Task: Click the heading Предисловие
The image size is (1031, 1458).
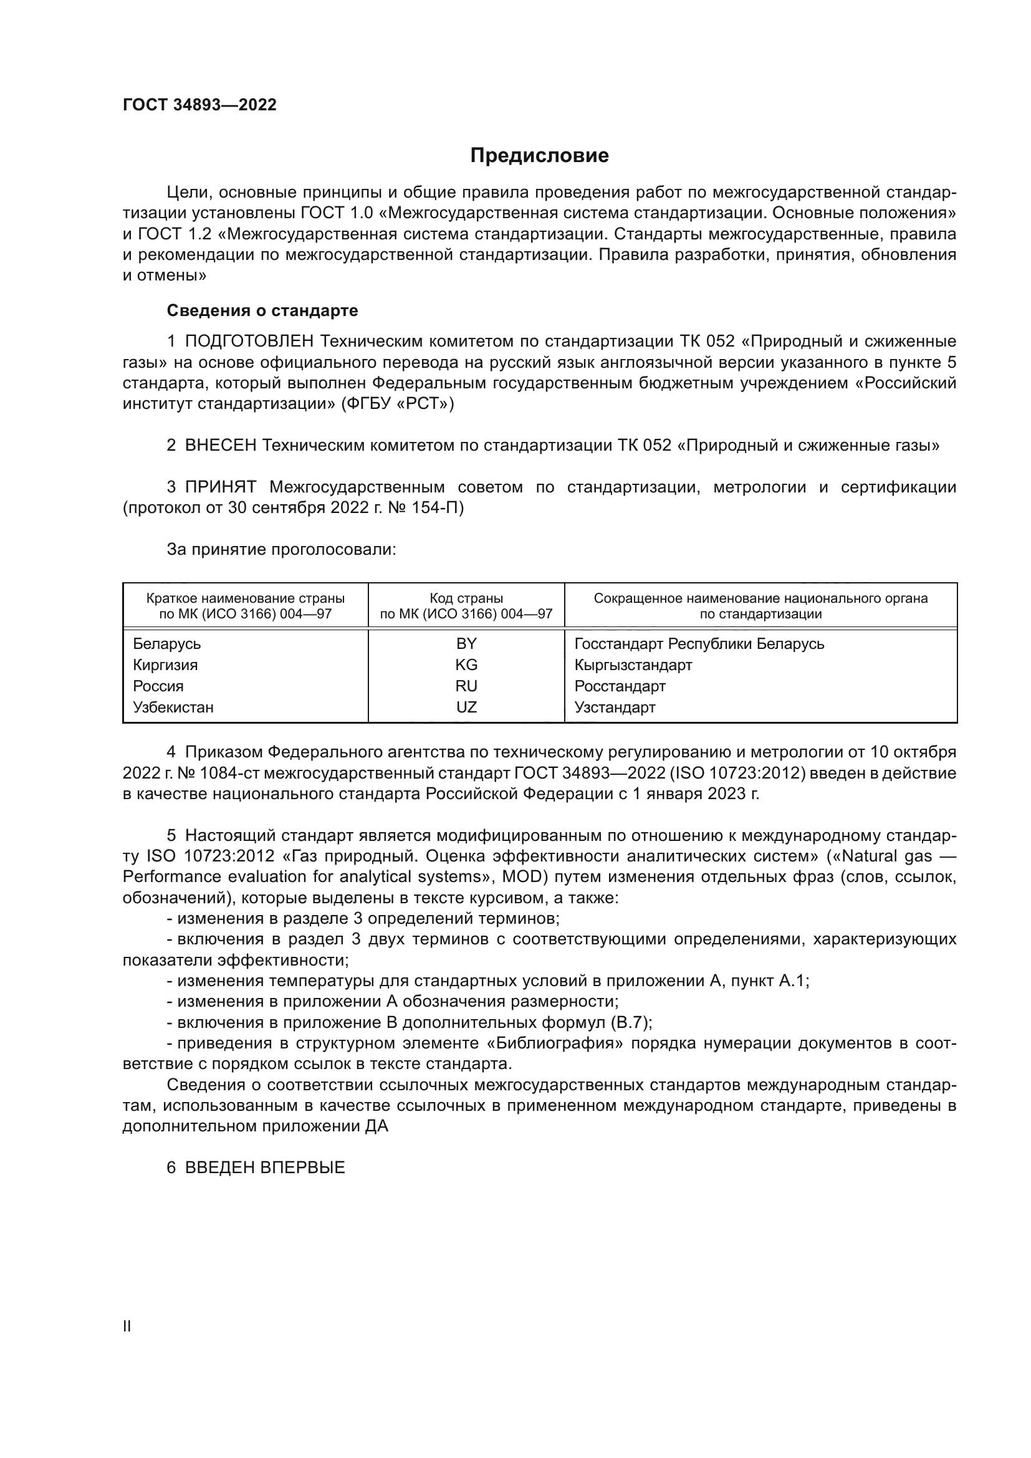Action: click(539, 156)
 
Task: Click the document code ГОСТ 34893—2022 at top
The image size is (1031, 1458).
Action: click(199, 105)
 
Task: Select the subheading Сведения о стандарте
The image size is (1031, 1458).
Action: click(262, 310)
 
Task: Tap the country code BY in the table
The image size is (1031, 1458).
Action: click(466, 644)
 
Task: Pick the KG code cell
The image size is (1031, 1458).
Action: click(466, 665)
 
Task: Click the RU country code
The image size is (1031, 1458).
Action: click(466, 686)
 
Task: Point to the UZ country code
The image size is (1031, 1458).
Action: click(466, 707)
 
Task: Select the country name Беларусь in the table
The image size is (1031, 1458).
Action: click(167, 644)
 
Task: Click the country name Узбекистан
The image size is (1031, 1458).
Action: click(173, 707)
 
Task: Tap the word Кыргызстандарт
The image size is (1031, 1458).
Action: click(633, 665)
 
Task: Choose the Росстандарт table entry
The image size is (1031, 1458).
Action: click(620, 686)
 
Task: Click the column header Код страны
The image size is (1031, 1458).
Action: click(466, 598)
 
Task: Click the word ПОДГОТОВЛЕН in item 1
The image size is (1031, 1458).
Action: click(249, 342)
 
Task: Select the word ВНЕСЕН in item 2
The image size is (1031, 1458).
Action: click(220, 445)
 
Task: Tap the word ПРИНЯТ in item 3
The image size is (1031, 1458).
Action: click(220, 487)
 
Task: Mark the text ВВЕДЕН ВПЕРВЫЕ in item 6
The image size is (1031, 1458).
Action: click(265, 1167)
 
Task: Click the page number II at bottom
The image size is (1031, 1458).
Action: click(127, 1326)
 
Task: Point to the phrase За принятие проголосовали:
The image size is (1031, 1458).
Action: click(281, 549)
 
